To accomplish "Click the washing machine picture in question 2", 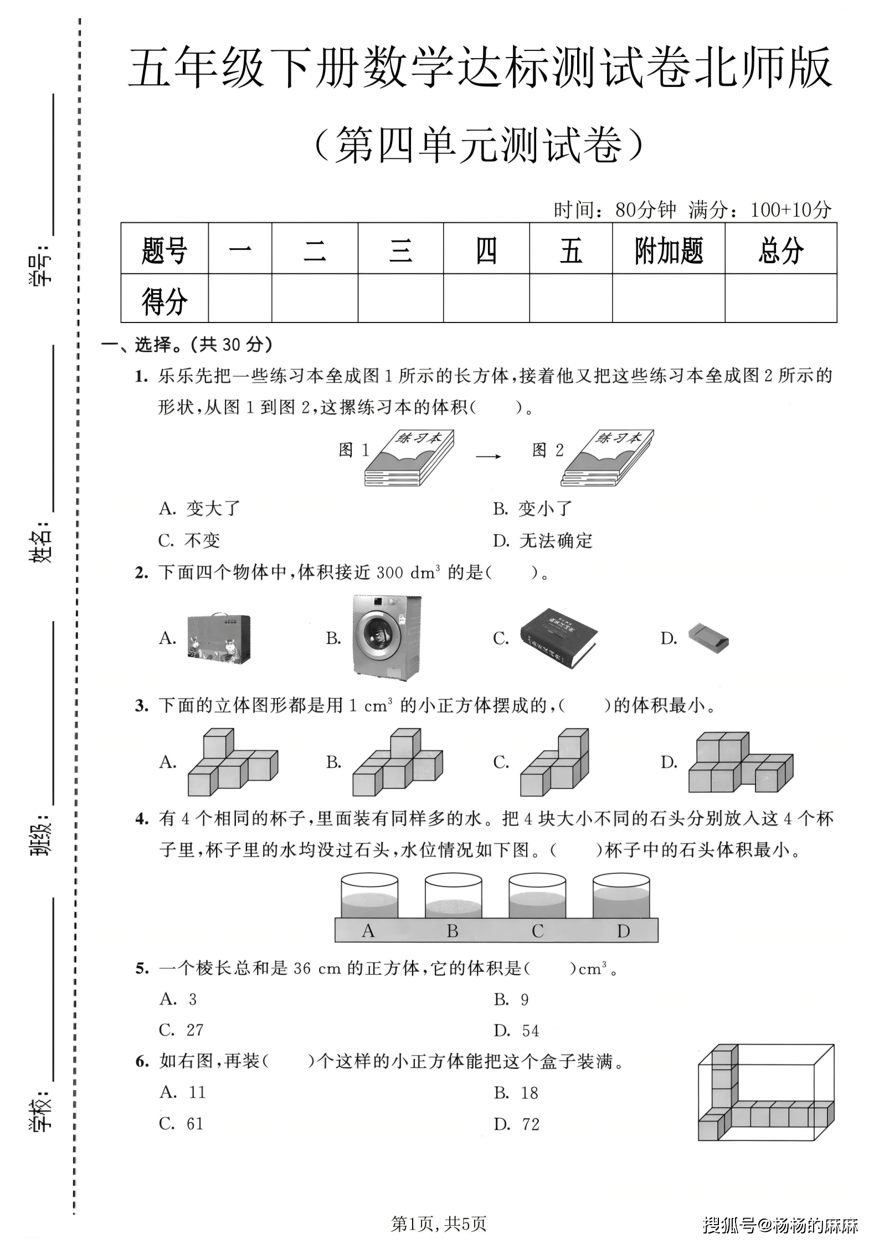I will pos(387,637).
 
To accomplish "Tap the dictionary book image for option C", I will pos(558,638).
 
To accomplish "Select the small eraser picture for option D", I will pos(708,639).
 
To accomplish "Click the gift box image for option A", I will pos(219,639).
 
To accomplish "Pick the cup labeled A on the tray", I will pos(369,896).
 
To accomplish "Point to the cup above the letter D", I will pos(621,896).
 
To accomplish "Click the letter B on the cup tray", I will pos(453,931).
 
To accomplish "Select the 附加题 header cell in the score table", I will pos(668,250).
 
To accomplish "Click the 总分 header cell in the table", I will pos(780,250).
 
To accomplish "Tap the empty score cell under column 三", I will pos(400,298).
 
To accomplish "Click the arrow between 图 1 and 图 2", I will pos(488,456).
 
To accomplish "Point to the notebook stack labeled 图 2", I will pos(607,458).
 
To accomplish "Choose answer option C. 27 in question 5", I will pos(182,1030).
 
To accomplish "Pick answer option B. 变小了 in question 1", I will pos(532,508).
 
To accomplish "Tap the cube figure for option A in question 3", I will pos(233,762).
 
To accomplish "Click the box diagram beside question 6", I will pos(765,1092).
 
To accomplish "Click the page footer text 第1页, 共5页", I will pos(439,1223).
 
